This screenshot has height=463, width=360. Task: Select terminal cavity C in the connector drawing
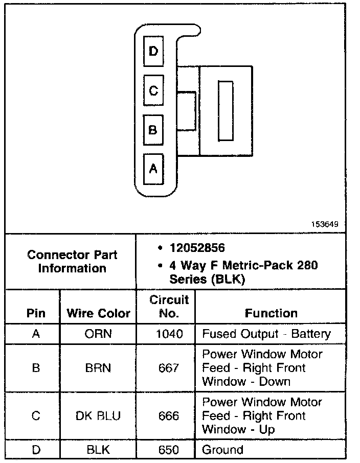(153, 90)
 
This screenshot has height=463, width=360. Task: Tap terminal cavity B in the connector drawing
(153, 129)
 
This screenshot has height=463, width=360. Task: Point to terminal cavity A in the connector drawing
(153, 169)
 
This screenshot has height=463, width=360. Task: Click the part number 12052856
(197, 248)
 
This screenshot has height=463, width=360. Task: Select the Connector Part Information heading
(72, 261)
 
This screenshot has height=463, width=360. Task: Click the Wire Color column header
(98, 313)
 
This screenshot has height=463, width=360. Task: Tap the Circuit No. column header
(169, 306)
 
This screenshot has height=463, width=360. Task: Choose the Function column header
(271, 313)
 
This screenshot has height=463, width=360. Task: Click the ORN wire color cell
(98, 334)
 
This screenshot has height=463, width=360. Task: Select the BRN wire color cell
(98, 368)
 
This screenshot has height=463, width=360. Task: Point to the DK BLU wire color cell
(98, 416)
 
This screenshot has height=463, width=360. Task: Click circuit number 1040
(169, 334)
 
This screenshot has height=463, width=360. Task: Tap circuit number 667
(169, 368)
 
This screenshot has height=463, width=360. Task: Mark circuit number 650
(169, 450)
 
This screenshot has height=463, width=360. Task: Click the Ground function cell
(223, 450)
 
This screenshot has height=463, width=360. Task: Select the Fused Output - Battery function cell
(266, 334)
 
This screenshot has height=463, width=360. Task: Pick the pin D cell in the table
(36, 450)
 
